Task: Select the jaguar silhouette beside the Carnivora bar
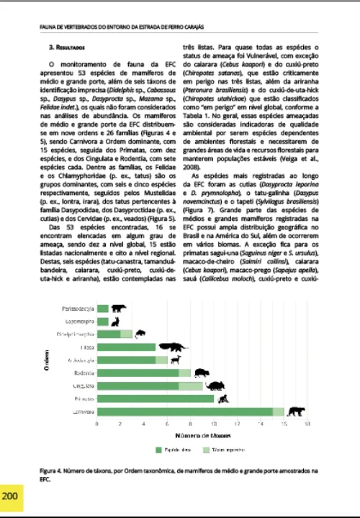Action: pos(294,412)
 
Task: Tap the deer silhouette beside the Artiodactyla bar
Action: pos(178,359)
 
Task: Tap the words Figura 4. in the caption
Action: pos(52,469)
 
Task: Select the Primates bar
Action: pos(156,399)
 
